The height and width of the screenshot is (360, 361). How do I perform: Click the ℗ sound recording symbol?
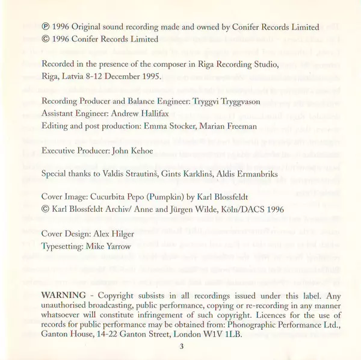[x=46, y=28]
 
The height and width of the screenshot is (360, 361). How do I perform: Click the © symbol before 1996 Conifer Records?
[x=46, y=40]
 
